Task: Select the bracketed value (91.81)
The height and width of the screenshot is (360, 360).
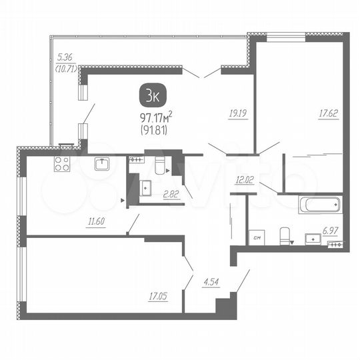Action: click(x=155, y=131)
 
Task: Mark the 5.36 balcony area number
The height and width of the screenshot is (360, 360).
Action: click(x=65, y=58)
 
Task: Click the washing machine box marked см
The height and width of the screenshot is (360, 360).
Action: click(x=257, y=236)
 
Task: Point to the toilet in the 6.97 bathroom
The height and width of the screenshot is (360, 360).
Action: click(x=285, y=235)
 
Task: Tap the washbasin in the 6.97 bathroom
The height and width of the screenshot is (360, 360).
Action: click(x=311, y=237)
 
